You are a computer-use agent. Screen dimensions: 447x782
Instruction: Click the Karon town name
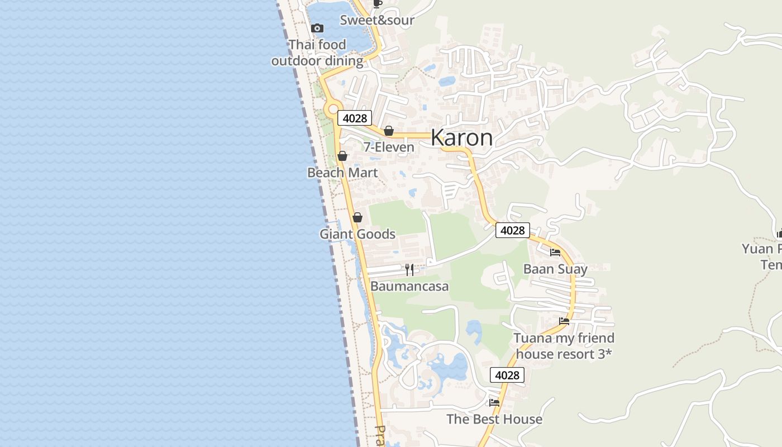pos(461,138)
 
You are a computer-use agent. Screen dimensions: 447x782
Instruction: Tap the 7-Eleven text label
pos(389,148)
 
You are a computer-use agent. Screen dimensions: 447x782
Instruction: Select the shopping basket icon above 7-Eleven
pos(389,131)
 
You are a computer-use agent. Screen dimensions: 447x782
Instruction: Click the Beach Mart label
pos(342,173)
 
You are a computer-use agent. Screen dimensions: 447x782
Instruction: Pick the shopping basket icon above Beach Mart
pos(342,156)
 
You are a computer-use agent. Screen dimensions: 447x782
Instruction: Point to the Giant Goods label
pos(357,234)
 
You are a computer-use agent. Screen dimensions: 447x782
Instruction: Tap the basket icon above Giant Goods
pos(357,217)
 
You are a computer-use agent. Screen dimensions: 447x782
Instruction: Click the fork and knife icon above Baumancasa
pos(409,270)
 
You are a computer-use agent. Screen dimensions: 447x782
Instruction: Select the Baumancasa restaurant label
pos(409,287)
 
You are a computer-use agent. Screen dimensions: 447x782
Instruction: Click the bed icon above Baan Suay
pos(555,253)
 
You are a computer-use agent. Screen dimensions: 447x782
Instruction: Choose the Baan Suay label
pos(555,269)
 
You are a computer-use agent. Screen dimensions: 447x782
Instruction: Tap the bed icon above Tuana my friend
pos(564,321)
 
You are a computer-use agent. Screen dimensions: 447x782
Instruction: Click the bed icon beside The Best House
pos(494,402)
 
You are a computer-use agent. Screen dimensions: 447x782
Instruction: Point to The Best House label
pos(494,419)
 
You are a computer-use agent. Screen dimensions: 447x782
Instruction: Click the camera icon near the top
pos(317,28)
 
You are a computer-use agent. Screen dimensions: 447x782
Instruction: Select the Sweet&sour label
pos(378,21)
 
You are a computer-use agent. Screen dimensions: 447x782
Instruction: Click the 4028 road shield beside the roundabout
pos(355,118)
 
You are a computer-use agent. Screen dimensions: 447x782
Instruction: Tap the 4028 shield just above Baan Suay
pos(512,230)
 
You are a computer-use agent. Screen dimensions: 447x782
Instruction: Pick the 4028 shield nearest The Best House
pos(507,375)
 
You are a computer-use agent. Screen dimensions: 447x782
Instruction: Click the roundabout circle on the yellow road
pos(333,109)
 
